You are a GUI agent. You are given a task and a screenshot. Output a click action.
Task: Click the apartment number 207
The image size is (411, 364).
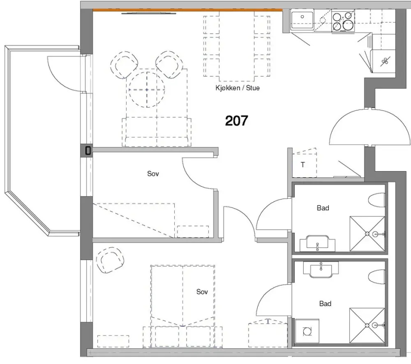[236, 121]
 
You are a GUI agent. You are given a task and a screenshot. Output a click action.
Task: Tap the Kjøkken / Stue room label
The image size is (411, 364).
[237, 88]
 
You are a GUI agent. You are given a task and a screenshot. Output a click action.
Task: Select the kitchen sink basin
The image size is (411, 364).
[302, 19]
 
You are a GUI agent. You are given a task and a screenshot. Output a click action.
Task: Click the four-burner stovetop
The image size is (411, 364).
[343, 21]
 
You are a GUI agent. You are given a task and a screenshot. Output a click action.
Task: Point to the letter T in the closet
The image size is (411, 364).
[303, 164]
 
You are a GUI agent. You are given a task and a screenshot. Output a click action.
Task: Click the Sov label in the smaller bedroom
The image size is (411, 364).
[153, 173]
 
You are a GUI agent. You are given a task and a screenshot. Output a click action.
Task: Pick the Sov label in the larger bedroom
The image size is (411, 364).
[202, 291]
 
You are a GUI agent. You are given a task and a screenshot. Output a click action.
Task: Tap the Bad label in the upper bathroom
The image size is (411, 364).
[323, 208]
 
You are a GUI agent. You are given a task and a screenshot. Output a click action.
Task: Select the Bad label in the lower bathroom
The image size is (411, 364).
[325, 303]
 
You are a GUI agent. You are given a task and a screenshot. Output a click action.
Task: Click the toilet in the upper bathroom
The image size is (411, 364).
[377, 200]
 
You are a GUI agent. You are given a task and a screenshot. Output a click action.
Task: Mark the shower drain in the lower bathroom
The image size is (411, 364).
[367, 325]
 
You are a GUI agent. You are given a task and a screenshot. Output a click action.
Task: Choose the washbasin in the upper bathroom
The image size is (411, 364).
[318, 243]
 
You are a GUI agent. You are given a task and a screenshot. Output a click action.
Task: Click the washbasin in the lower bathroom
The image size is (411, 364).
[320, 269]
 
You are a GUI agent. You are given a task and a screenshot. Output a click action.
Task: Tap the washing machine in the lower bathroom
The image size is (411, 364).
[307, 331]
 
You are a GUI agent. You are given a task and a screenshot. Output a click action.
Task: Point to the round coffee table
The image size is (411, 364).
[147, 90]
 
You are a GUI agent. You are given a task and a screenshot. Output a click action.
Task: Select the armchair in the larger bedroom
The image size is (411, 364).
[110, 260]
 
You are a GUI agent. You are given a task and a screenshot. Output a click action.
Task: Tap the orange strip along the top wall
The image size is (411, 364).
[187, 10]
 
